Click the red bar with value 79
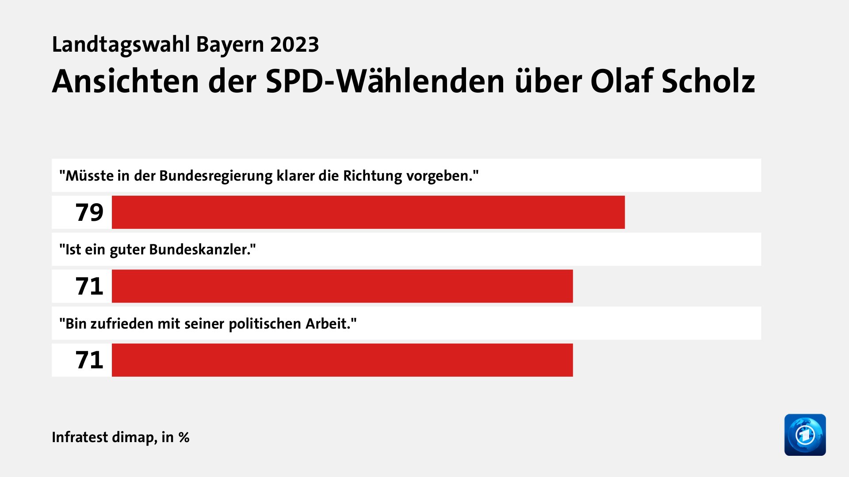(368, 212)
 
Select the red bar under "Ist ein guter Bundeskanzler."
(342, 286)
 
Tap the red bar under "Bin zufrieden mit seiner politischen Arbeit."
(342, 360)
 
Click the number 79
(89, 212)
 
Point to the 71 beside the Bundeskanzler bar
(89, 286)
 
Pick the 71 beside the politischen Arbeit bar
(89, 360)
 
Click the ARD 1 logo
(805, 435)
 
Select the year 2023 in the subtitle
(294, 45)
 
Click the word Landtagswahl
(121, 45)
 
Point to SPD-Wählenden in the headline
(385, 82)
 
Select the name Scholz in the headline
(708, 82)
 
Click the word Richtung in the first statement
(372, 176)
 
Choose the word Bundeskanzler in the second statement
(202, 250)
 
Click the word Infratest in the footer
(80, 437)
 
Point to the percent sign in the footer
(184, 438)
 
